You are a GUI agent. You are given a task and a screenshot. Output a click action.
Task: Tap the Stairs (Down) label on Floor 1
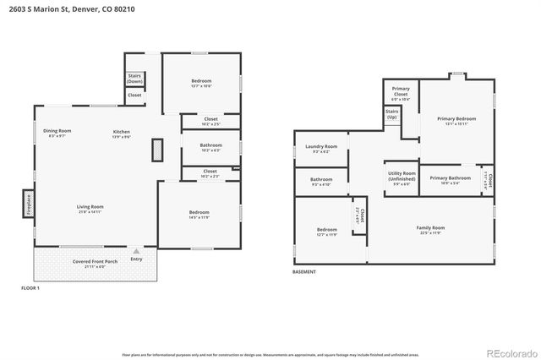pos(134,78)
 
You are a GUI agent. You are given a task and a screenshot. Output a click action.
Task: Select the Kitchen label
pos(122,133)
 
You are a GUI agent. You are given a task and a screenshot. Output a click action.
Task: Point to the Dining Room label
pos(57,132)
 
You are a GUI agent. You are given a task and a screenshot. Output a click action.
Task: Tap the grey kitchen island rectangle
pos(156,150)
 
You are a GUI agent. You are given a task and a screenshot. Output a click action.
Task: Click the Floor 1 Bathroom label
pos(210,147)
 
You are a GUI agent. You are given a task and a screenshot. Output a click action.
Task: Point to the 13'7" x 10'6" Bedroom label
pos(200,83)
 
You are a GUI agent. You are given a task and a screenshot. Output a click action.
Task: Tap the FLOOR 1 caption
pos(30,288)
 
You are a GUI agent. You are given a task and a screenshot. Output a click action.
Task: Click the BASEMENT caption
pos(304,272)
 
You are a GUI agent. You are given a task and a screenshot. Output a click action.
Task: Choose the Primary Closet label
pos(401,93)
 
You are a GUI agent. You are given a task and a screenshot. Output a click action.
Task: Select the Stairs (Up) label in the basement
pos(392,114)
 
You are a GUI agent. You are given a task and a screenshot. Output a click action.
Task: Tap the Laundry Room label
pos(321,148)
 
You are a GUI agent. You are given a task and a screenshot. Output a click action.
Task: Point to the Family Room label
pos(430,229)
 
